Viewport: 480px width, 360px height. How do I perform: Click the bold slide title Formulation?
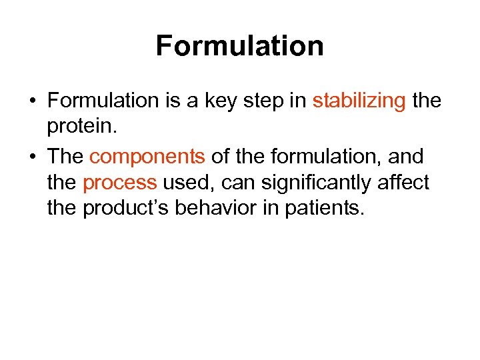240,46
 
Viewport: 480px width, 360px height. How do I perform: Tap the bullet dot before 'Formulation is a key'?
32,101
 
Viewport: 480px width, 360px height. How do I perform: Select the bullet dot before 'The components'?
32,157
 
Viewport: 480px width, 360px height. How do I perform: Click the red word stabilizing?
359,101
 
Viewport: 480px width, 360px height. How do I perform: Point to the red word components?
147,157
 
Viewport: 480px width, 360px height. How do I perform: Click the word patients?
327,209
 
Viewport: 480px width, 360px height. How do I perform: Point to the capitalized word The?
65,157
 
